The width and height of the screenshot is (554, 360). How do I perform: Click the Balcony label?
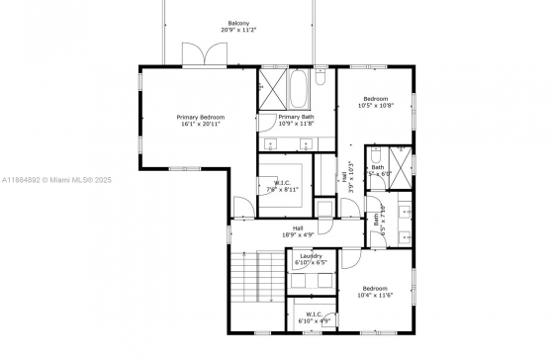(238, 22)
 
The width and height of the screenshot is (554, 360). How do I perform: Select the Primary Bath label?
(295, 116)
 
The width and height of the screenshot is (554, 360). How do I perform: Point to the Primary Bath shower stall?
(271, 87)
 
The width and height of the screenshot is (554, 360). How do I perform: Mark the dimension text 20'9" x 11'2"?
(238, 30)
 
